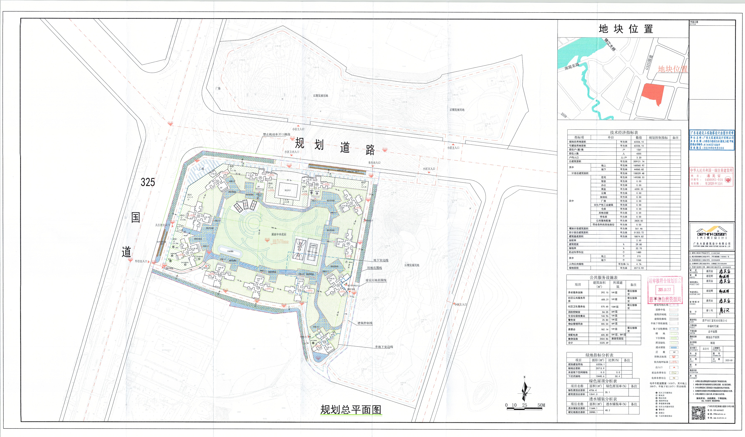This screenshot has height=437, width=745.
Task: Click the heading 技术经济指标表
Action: click(624, 132)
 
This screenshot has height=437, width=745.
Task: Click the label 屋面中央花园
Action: click(279, 234)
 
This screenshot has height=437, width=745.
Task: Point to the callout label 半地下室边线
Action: click(384, 347)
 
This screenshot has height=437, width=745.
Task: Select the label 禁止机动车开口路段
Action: click(276, 134)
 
